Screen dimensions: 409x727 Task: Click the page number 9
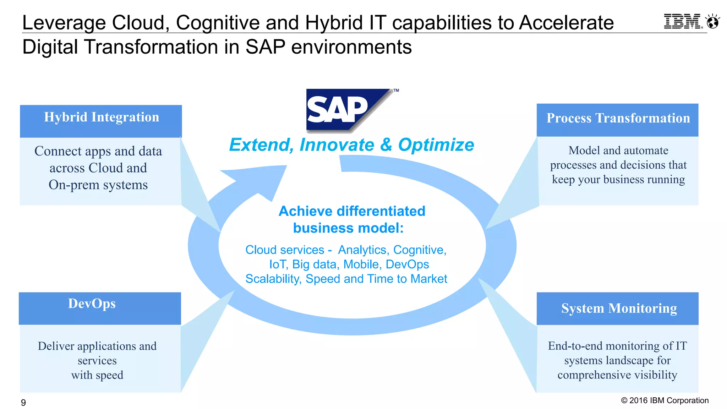pyautogui.click(x=23, y=402)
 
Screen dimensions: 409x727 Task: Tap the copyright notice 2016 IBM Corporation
pyautogui.click(x=665, y=400)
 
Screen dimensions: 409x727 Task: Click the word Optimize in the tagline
pyautogui.click(x=436, y=145)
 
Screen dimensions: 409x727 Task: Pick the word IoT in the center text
pyautogui.click(x=277, y=265)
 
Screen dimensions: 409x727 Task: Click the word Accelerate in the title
pyautogui.click(x=566, y=23)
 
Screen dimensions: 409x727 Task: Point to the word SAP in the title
pyautogui.click(x=265, y=47)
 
